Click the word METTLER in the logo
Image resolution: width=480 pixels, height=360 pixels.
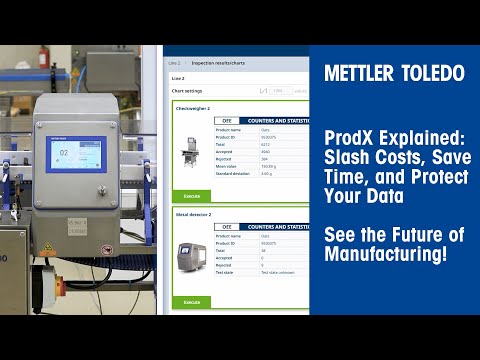click(x=358, y=73)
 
